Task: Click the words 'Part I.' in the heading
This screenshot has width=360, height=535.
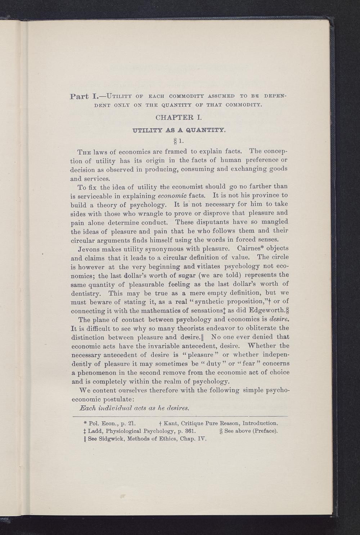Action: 82,97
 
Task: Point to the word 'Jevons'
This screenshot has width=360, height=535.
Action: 90,249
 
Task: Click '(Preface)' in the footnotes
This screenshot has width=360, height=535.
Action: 265,431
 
